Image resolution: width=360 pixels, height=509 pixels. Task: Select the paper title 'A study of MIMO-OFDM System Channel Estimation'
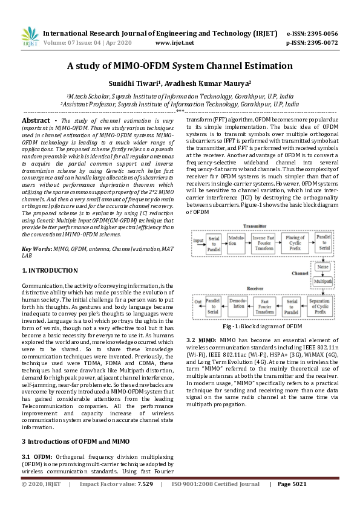[180, 66]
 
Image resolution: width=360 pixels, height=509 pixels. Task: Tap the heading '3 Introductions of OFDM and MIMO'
[73, 441]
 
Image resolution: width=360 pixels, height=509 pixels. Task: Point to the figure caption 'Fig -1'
[230, 326]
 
